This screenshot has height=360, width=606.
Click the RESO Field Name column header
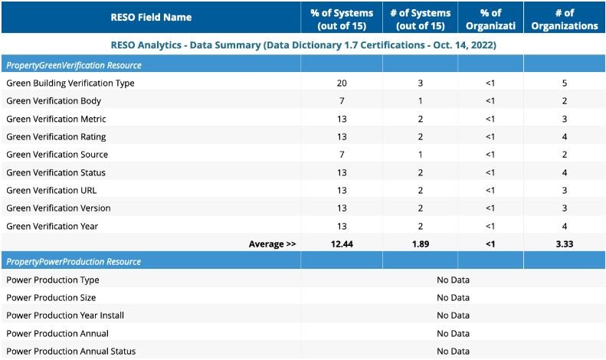pyautogui.click(x=151, y=18)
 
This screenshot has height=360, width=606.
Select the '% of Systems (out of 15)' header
pyautogui.click(x=342, y=19)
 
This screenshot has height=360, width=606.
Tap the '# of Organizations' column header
pyautogui.click(x=565, y=19)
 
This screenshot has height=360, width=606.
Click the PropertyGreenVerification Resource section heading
pyautogui.click(x=74, y=65)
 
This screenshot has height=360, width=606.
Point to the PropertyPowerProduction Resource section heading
pyautogui.click(x=74, y=261)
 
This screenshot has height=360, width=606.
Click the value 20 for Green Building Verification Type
pyautogui.click(x=342, y=83)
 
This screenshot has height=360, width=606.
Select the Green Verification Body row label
pyautogui.click(x=54, y=101)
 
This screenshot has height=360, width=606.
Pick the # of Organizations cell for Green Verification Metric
pyautogui.click(x=565, y=119)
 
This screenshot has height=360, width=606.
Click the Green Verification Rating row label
pyautogui.click(x=56, y=137)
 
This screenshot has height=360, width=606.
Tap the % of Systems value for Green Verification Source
pyautogui.click(x=342, y=155)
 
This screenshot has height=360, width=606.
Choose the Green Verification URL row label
pyautogui.click(x=51, y=191)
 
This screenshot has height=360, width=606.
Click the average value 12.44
pyautogui.click(x=342, y=244)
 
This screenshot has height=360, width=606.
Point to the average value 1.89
pyautogui.click(x=421, y=244)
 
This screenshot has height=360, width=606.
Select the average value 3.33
pyautogui.click(x=565, y=244)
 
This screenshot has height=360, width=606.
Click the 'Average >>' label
pyautogui.click(x=272, y=244)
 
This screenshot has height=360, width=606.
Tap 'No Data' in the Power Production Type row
pyautogui.click(x=453, y=280)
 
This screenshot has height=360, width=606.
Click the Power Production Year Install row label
pyautogui.click(x=65, y=316)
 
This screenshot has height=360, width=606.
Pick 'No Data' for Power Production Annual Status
pyautogui.click(x=453, y=351)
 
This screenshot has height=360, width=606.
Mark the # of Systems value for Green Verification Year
pyautogui.click(x=421, y=227)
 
